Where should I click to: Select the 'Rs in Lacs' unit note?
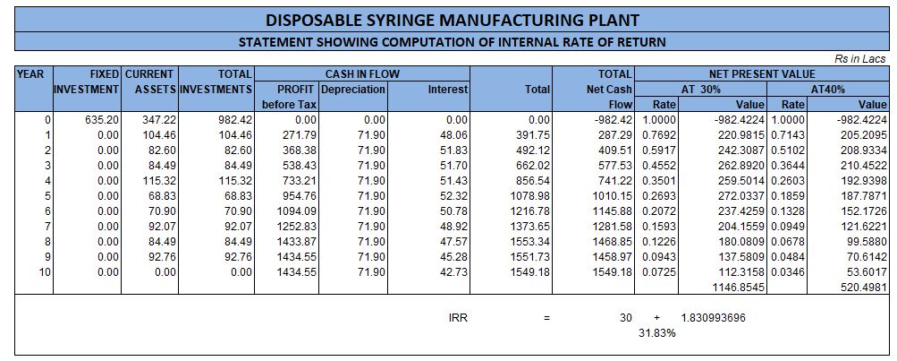click(859, 58)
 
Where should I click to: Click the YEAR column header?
click(32, 74)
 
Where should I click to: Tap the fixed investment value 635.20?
click(101, 119)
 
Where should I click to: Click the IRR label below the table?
click(458, 318)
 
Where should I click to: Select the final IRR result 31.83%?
click(656, 333)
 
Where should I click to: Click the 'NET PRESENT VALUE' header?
click(762, 74)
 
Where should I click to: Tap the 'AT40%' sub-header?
click(827, 90)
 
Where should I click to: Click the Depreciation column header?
click(353, 90)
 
